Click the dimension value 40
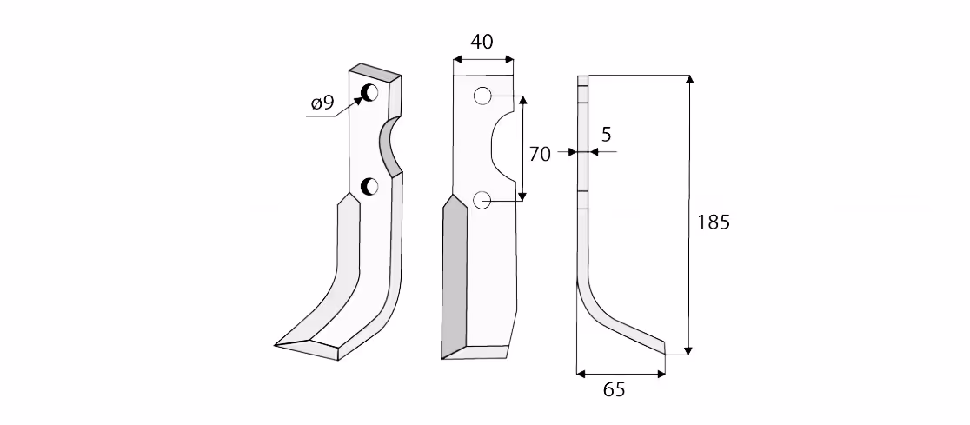[x=482, y=42]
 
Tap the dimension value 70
[x=540, y=154]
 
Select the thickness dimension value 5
[x=606, y=134]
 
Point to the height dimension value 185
[x=714, y=222]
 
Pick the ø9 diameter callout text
[x=322, y=103]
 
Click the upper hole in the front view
[x=482, y=96]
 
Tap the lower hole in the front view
[x=482, y=200]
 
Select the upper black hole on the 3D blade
[x=370, y=93]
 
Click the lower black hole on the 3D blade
[x=369, y=186]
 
